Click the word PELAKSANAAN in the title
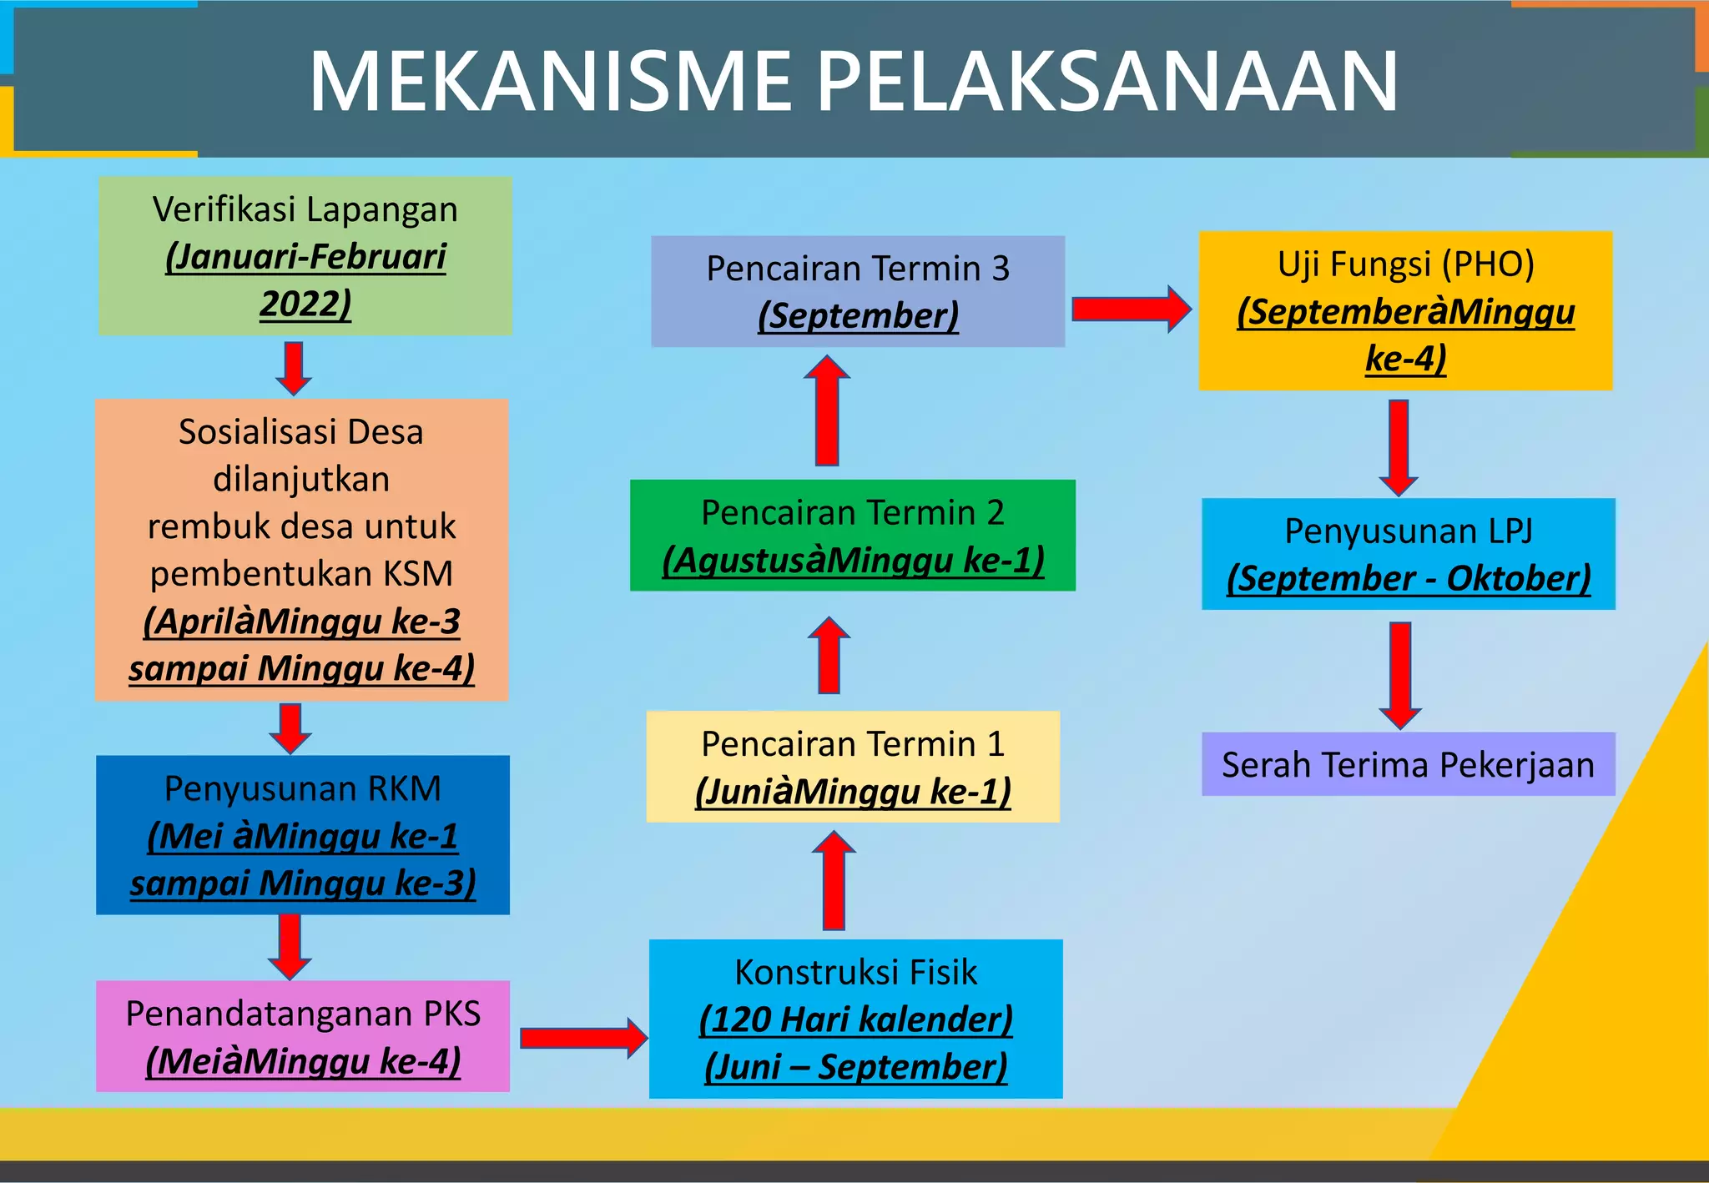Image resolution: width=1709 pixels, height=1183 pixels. (1107, 81)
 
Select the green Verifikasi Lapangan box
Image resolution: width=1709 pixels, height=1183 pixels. (305, 255)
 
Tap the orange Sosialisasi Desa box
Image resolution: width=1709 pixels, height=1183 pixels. (301, 549)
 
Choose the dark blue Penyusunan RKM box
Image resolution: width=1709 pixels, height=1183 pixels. (303, 834)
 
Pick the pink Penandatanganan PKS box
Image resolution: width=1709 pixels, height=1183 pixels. (303, 1036)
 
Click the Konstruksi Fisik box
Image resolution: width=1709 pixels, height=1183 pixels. (855, 1019)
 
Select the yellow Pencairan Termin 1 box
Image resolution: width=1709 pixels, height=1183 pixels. (853, 767)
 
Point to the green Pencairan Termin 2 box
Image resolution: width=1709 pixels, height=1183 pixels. (852, 535)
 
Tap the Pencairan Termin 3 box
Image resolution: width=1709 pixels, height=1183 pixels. (858, 291)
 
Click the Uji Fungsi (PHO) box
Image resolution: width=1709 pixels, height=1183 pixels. (1405, 310)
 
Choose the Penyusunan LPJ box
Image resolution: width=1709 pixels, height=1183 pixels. (1409, 554)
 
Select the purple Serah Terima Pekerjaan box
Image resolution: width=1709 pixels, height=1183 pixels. (1409, 764)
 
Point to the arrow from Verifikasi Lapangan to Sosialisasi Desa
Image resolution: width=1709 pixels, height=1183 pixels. (294, 367)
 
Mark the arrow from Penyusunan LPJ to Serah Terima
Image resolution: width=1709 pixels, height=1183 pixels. (1400, 674)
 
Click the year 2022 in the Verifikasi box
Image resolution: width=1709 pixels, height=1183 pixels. (305, 304)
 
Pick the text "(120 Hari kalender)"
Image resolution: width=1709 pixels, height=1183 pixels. (856, 1019)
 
